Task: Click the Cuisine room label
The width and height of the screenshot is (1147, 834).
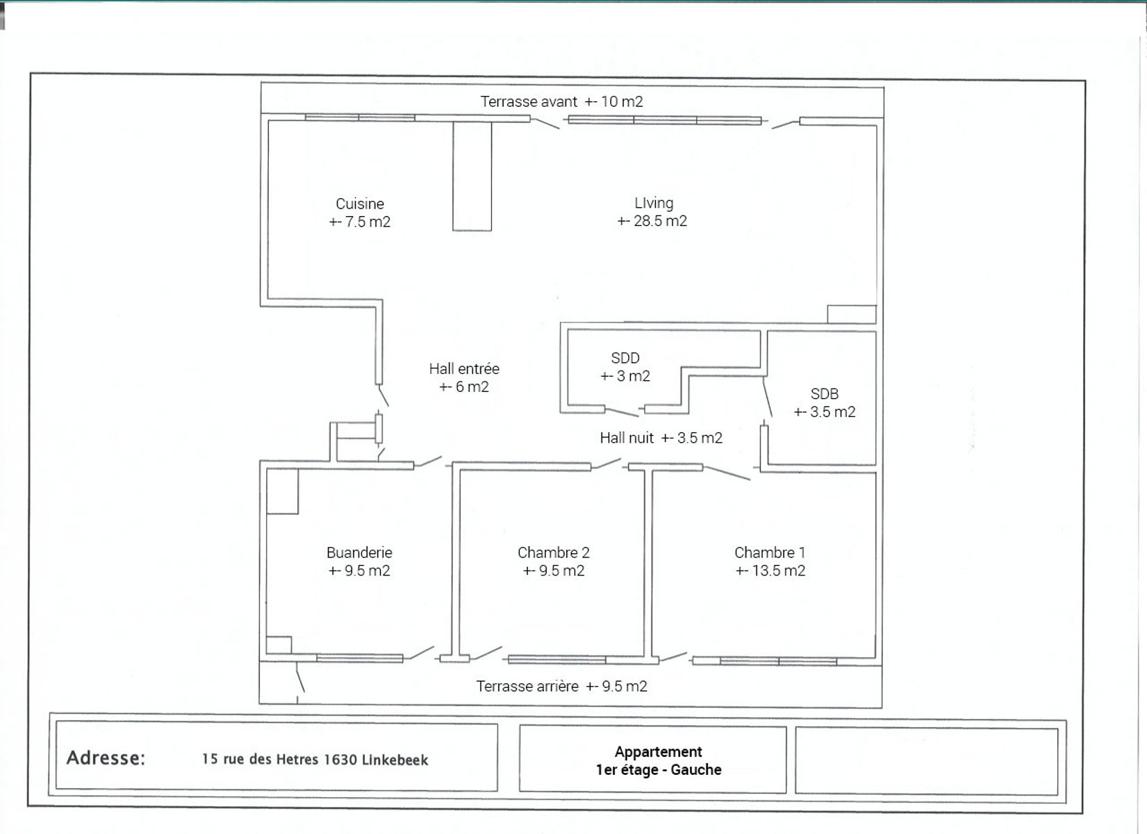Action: (359, 204)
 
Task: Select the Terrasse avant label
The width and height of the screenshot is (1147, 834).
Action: (529, 101)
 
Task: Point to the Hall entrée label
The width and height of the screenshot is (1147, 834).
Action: (464, 369)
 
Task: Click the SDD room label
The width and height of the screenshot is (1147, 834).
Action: (625, 357)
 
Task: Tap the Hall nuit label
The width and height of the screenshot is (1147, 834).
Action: (627, 438)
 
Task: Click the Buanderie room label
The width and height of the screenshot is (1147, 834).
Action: (359, 553)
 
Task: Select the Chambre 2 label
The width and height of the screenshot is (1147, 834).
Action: (554, 553)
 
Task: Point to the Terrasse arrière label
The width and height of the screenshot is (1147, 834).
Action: (527, 687)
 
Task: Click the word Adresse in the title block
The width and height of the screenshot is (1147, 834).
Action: (106, 758)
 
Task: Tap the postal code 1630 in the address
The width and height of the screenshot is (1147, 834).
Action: (340, 759)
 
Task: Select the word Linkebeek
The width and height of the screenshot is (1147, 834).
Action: (395, 760)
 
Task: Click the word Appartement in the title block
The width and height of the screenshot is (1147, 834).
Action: (659, 752)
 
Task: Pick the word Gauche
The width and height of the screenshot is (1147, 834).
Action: (696, 770)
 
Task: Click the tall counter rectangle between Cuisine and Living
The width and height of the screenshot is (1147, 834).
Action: (472, 177)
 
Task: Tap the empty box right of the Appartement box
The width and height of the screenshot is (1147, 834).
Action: (926, 761)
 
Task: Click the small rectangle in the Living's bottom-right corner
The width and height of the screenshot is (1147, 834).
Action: (852, 314)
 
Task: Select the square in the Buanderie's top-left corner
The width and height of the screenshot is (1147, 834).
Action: (282, 491)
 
